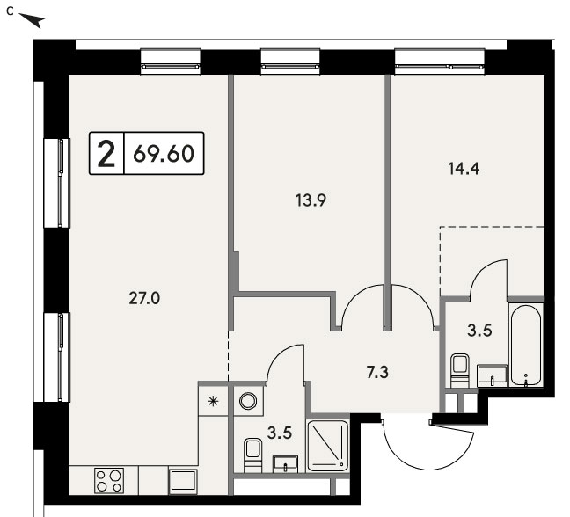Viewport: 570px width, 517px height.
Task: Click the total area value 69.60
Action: [x=164, y=154]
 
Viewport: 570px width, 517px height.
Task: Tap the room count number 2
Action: [x=106, y=154]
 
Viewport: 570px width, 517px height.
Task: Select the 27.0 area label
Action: [x=144, y=299]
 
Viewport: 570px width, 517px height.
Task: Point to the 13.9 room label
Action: [x=311, y=200]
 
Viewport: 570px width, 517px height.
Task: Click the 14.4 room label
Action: [x=464, y=169]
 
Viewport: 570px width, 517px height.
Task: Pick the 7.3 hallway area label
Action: [x=377, y=373]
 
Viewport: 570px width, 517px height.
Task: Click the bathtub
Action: [x=526, y=345]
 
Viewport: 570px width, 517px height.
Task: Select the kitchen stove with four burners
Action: [x=109, y=480]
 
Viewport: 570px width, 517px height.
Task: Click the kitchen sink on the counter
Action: [x=183, y=481]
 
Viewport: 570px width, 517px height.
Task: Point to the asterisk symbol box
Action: [x=213, y=401]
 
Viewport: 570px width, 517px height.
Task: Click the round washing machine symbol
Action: [x=248, y=401]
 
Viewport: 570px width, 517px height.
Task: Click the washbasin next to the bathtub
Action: [x=492, y=375]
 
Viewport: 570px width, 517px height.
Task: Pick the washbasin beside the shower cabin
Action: [x=285, y=464]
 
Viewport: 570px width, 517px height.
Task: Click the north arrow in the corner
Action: [x=32, y=20]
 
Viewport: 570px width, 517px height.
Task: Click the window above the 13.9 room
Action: [x=290, y=62]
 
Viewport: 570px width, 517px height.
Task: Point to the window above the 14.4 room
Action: [x=440, y=62]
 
